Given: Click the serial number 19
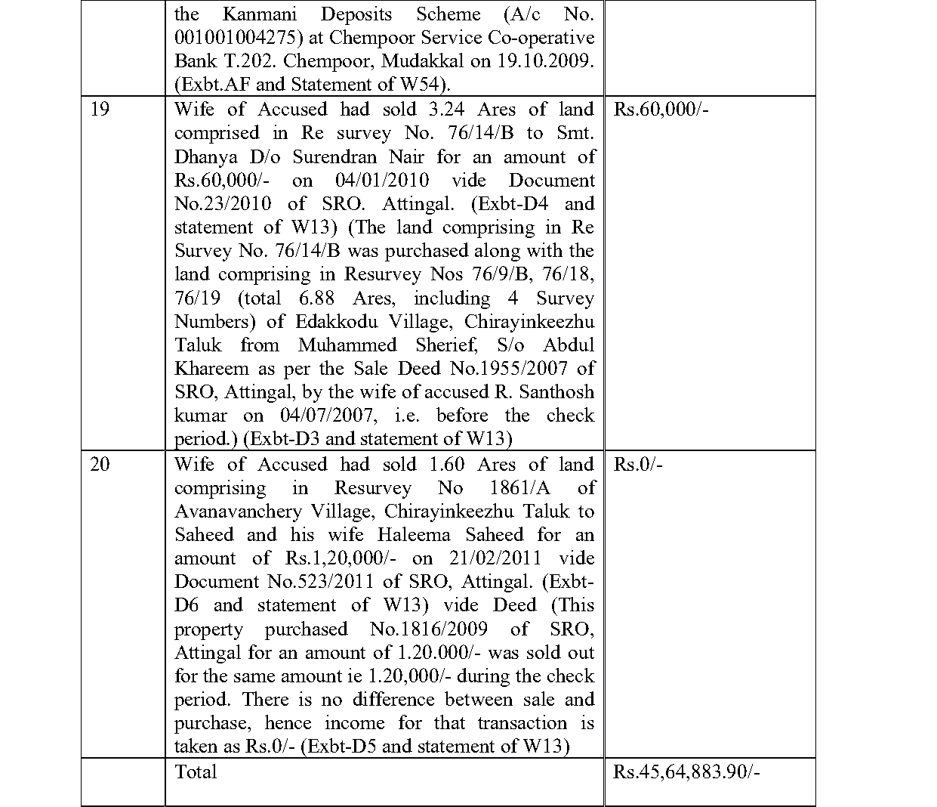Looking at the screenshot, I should [x=100, y=110].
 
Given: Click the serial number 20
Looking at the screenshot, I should [x=100, y=464].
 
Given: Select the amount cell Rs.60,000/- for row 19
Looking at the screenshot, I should [x=661, y=110].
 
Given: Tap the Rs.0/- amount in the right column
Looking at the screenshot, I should [x=638, y=464].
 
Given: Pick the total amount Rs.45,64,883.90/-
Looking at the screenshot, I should [x=686, y=771].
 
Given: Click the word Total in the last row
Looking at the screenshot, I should [x=196, y=771].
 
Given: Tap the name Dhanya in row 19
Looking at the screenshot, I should [x=203, y=157].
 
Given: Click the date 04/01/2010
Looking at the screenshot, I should [x=382, y=181].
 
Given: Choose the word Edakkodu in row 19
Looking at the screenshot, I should [x=338, y=322].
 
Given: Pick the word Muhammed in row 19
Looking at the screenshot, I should [x=347, y=345].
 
